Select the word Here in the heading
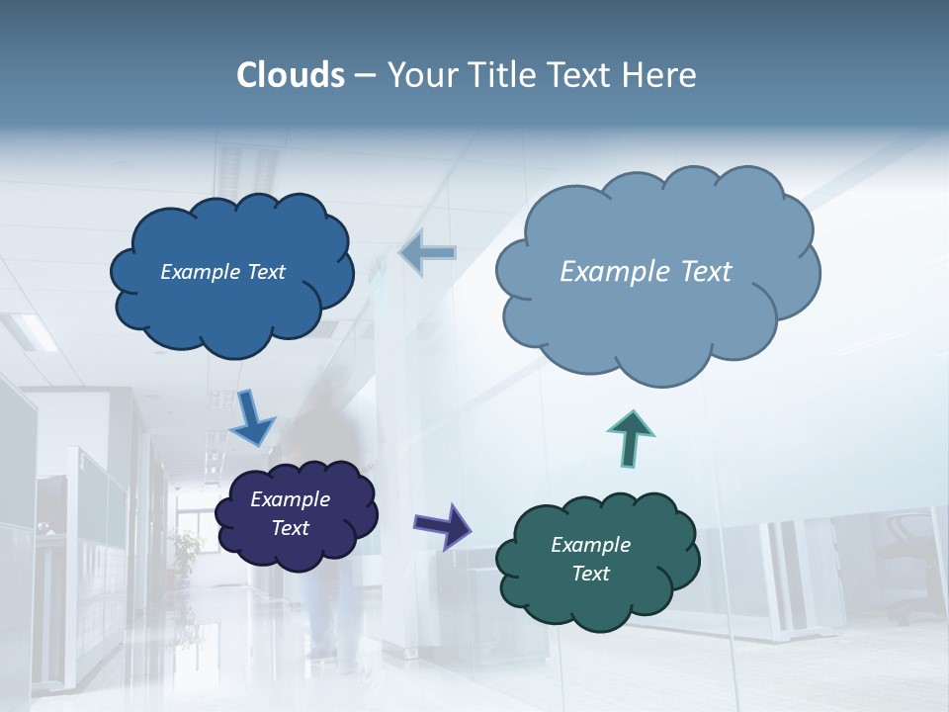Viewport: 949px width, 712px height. click(660, 75)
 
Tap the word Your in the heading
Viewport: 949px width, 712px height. click(421, 75)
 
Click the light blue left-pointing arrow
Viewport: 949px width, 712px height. click(428, 253)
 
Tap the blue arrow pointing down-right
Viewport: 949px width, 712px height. click(253, 417)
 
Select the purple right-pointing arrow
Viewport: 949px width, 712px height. click(442, 525)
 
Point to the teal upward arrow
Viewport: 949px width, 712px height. click(630, 437)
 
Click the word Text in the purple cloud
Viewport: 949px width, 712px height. click(291, 528)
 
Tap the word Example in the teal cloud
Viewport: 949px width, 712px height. click(590, 545)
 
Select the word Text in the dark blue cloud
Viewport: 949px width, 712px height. click(264, 272)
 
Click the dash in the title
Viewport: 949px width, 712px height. click(365, 76)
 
